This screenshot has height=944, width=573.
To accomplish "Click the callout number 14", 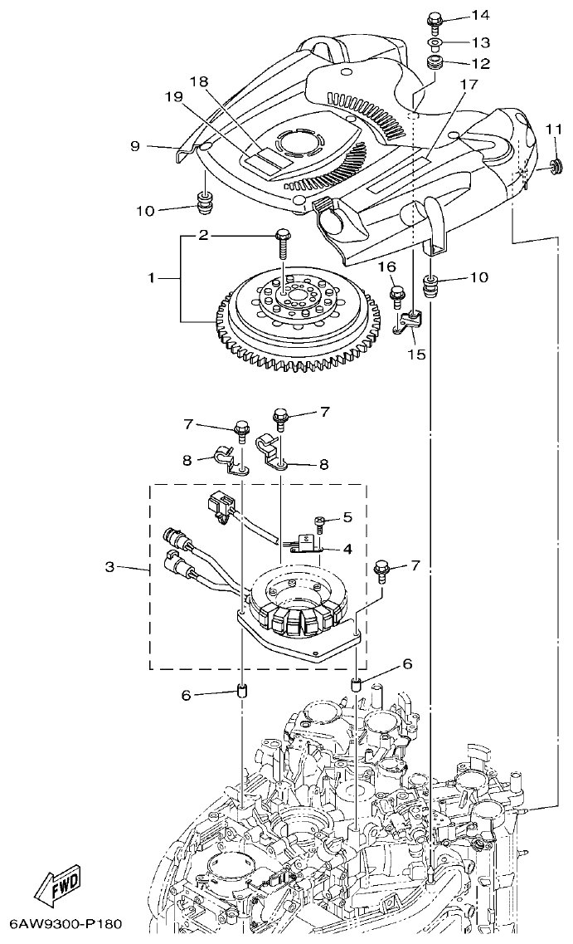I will (x=480, y=16).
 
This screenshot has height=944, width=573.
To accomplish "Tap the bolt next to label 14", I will (x=435, y=19).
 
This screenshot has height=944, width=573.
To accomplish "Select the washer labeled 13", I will (x=435, y=42).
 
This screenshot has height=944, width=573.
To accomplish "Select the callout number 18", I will (x=198, y=81).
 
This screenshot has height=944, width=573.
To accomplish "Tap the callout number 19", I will (x=172, y=96).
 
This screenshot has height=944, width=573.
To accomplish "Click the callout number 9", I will (x=135, y=145).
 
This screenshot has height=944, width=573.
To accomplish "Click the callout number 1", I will (x=152, y=278).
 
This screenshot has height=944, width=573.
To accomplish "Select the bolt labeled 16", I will (x=397, y=293).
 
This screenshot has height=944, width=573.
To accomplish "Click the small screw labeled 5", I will (x=319, y=521).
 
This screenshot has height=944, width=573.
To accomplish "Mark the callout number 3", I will (x=110, y=568).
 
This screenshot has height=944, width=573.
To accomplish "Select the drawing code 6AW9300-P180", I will (x=66, y=923).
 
